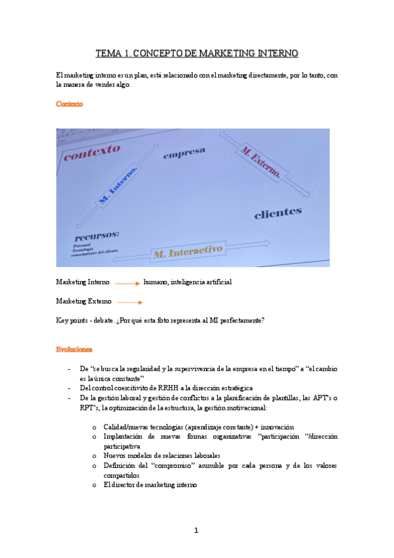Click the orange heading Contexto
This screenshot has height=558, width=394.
70,104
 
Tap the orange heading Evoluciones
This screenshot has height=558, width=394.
74,349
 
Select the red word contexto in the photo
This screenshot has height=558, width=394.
92,153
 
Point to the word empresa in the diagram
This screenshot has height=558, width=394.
184,153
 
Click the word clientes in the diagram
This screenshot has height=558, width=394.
278,213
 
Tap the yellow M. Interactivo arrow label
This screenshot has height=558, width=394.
186,251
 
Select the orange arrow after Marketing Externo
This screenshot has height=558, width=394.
130,302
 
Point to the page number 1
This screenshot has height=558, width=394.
196,530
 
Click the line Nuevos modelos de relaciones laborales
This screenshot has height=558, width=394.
162,455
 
